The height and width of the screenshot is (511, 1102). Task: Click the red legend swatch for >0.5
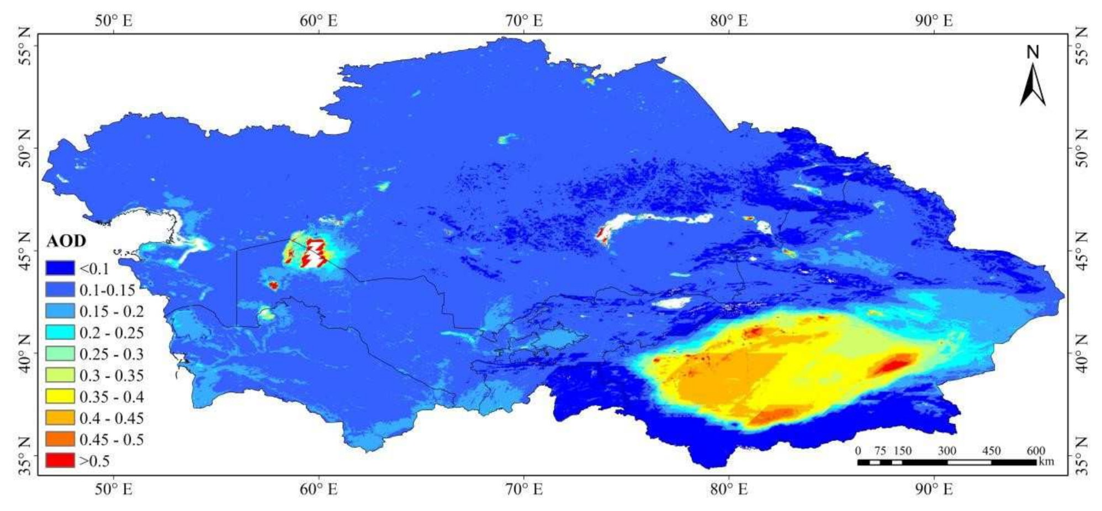coord(60,460)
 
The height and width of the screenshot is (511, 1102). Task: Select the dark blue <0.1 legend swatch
coord(60,268)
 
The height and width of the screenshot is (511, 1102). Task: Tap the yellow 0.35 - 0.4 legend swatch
coord(60,396)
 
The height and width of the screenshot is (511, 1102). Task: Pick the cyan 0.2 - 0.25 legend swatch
coord(60,332)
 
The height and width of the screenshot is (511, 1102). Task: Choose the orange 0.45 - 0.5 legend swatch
coord(60,439)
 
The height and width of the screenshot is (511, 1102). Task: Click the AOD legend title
coord(66,241)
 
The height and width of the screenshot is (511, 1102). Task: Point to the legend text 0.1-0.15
coord(107,290)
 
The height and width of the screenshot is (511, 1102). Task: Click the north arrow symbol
coord(1032,86)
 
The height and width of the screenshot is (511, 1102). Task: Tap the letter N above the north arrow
coord(1032,52)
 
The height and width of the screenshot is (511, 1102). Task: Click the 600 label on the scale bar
coord(1035,451)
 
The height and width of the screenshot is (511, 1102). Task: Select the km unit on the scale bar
coord(1046,461)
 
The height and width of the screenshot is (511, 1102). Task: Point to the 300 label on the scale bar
coord(947,451)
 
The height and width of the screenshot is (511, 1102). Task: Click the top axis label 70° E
coord(524,21)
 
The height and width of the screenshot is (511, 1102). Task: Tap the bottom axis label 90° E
coord(934,489)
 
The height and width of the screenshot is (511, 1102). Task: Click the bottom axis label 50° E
coord(114,489)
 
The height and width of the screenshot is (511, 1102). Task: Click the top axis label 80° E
coord(729,21)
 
